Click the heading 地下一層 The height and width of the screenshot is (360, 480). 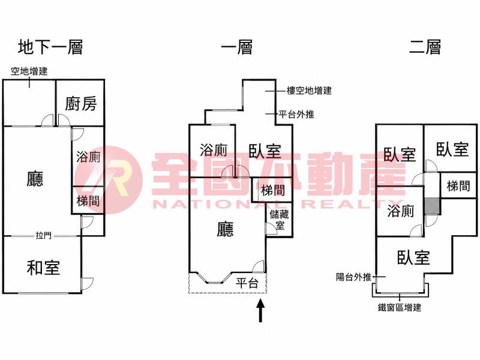click(x=50, y=47)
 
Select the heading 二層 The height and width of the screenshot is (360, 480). click(x=425, y=47)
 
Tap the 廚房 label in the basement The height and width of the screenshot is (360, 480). click(x=81, y=103)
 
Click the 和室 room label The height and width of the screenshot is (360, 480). click(x=43, y=267)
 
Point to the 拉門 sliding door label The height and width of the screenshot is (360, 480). click(x=44, y=235)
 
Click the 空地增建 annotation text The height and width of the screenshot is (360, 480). click(x=29, y=71)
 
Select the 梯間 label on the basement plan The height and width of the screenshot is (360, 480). click(x=88, y=201)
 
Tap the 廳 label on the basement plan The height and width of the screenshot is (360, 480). click(x=35, y=179)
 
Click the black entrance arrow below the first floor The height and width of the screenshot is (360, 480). click(x=260, y=310)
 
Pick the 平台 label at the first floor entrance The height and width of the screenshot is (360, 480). click(x=247, y=283)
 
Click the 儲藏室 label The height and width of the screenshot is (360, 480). click(x=279, y=220)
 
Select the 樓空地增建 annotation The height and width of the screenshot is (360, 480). click(x=309, y=91)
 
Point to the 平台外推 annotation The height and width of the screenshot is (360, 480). click(x=296, y=114)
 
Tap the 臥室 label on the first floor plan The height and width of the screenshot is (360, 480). click(x=265, y=151)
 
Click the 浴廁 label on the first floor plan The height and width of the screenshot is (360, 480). click(x=214, y=150)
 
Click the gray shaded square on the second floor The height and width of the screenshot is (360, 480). click(x=432, y=206)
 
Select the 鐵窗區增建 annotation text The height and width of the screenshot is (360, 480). click(x=400, y=307)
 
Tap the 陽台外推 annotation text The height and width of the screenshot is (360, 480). click(x=353, y=277)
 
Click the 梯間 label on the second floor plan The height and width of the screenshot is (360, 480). click(x=458, y=186)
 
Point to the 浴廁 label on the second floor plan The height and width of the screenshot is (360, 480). click(x=400, y=211)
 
